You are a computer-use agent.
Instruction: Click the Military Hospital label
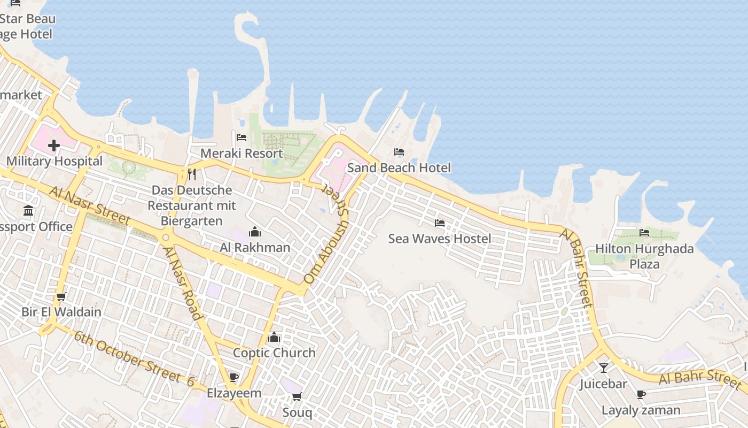click(x=54, y=161)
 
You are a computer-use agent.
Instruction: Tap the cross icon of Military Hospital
click(x=54, y=145)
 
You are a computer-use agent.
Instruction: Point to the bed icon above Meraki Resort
click(x=241, y=137)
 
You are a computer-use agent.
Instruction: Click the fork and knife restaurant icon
click(x=192, y=174)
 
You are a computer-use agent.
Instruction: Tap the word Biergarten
click(x=192, y=221)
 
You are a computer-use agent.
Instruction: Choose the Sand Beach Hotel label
click(x=399, y=168)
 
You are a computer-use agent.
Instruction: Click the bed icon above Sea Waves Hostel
click(x=440, y=223)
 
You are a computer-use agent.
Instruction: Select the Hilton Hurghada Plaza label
click(x=644, y=256)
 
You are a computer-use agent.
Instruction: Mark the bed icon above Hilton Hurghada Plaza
click(x=644, y=233)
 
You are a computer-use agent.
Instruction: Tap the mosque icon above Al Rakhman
click(x=255, y=232)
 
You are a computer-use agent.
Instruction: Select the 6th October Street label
click(x=134, y=359)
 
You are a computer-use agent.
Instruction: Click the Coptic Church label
click(x=274, y=353)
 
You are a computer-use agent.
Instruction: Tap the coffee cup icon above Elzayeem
click(x=233, y=377)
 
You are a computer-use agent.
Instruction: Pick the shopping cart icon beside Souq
click(x=297, y=396)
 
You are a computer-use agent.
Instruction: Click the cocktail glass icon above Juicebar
click(x=604, y=368)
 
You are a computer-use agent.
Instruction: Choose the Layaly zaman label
click(x=641, y=410)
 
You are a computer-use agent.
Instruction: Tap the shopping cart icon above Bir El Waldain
click(x=61, y=296)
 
